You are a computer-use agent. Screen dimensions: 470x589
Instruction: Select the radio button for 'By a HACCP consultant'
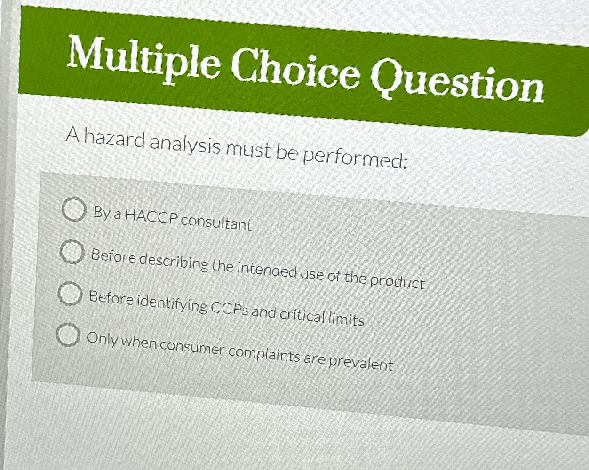click(74, 210)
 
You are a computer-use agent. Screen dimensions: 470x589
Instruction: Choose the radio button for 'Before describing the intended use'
click(72, 253)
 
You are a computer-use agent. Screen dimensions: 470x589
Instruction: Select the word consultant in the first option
click(216, 222)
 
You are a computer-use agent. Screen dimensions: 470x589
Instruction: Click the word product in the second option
click(397, 281)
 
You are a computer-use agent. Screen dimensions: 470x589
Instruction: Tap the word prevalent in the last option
click(360, 363)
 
